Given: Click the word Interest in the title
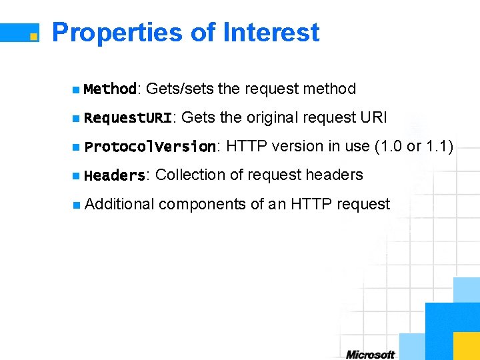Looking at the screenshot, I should (x=271, y=32).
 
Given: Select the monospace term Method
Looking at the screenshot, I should (x=110, y=89).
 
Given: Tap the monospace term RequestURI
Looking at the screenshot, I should (x=128, y=118).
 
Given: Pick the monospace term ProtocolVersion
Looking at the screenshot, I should (x=150, y=147).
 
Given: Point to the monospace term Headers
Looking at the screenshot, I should (x=115, y=175).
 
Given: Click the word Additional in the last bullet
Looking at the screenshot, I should (x=120, y=204).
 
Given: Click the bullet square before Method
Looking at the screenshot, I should (x=77, y=89).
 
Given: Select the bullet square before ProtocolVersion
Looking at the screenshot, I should (x=77, y=147).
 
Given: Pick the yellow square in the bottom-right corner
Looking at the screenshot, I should (x=466, y=346).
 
